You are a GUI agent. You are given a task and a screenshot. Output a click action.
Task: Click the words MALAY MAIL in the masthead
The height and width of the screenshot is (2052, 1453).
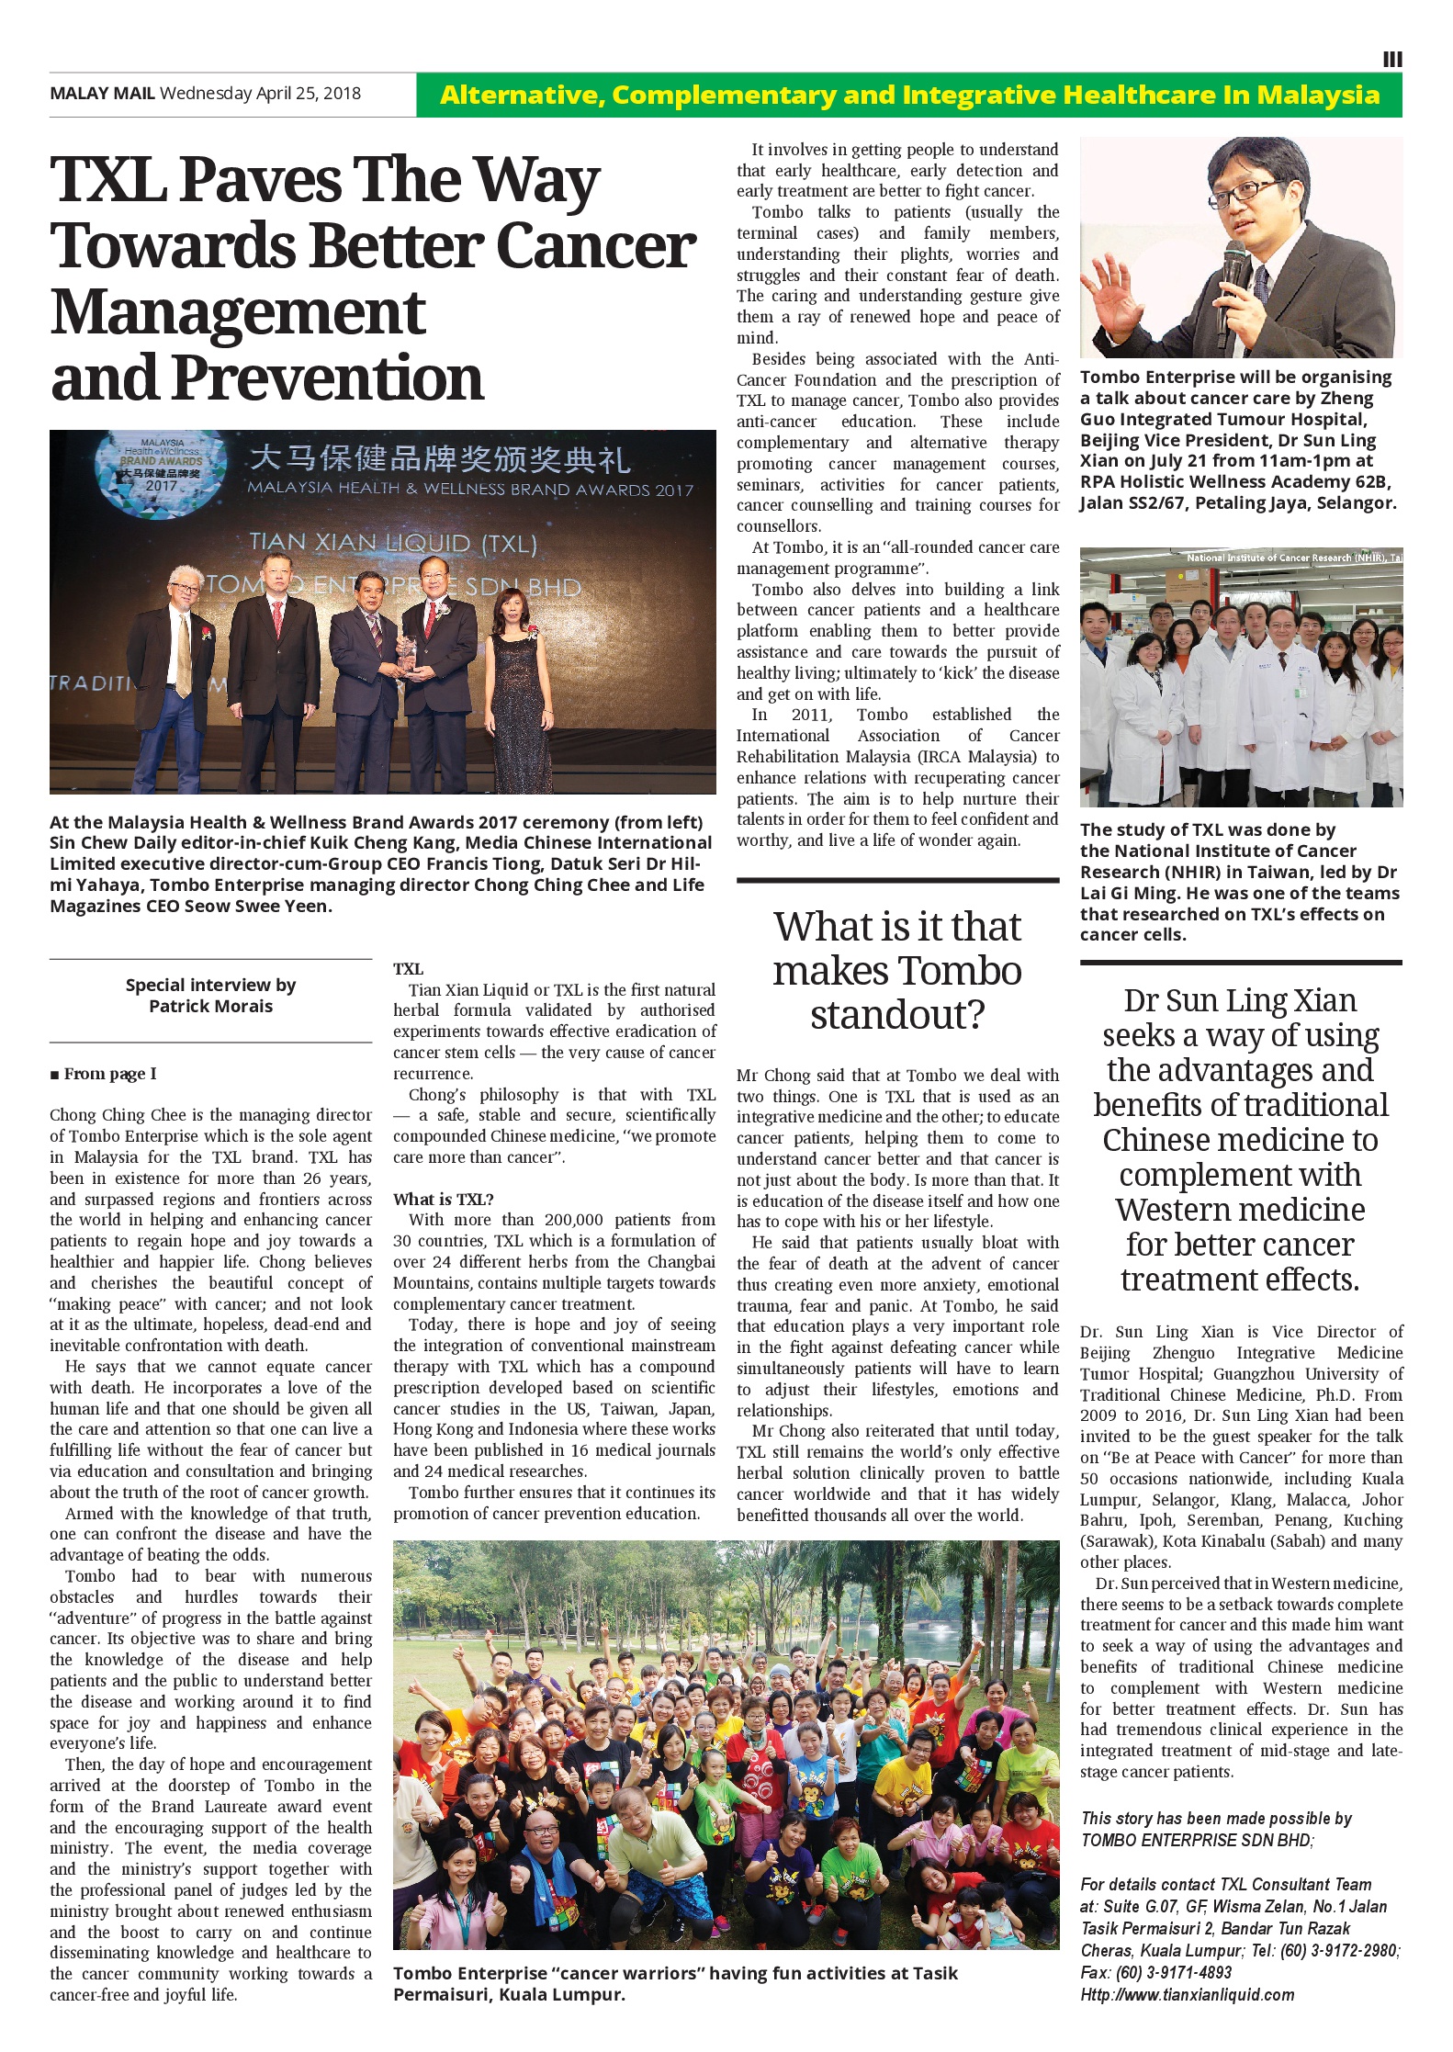[102, 94]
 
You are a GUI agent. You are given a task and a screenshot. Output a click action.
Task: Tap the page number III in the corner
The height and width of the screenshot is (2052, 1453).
[1392, 60]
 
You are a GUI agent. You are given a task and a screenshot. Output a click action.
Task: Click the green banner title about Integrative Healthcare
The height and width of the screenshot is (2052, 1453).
[909, 96]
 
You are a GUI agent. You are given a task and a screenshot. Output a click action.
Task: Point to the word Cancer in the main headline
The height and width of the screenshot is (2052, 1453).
[596, 246]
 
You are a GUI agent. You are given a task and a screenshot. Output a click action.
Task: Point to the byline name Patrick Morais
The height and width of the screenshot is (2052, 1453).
[211, 1006]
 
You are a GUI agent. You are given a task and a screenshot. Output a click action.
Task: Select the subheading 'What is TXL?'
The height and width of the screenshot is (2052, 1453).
[444, 1199]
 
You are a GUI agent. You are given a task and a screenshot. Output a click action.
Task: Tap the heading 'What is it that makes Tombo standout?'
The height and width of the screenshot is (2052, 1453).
[897, 971]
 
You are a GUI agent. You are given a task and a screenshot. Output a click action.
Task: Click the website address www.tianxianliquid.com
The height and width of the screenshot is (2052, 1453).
[1188, 1994]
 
